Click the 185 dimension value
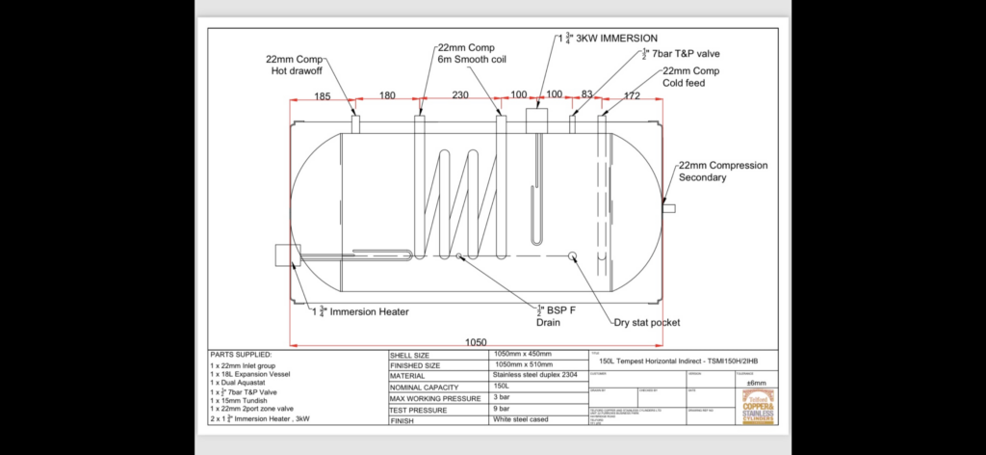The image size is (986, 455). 323,95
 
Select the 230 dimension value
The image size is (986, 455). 460,95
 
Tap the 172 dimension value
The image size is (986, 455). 632,95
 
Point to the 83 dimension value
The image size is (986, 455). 587,95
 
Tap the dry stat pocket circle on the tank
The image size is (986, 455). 573,255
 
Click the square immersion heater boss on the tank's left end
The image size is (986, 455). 287,255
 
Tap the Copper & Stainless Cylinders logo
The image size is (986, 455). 760,410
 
